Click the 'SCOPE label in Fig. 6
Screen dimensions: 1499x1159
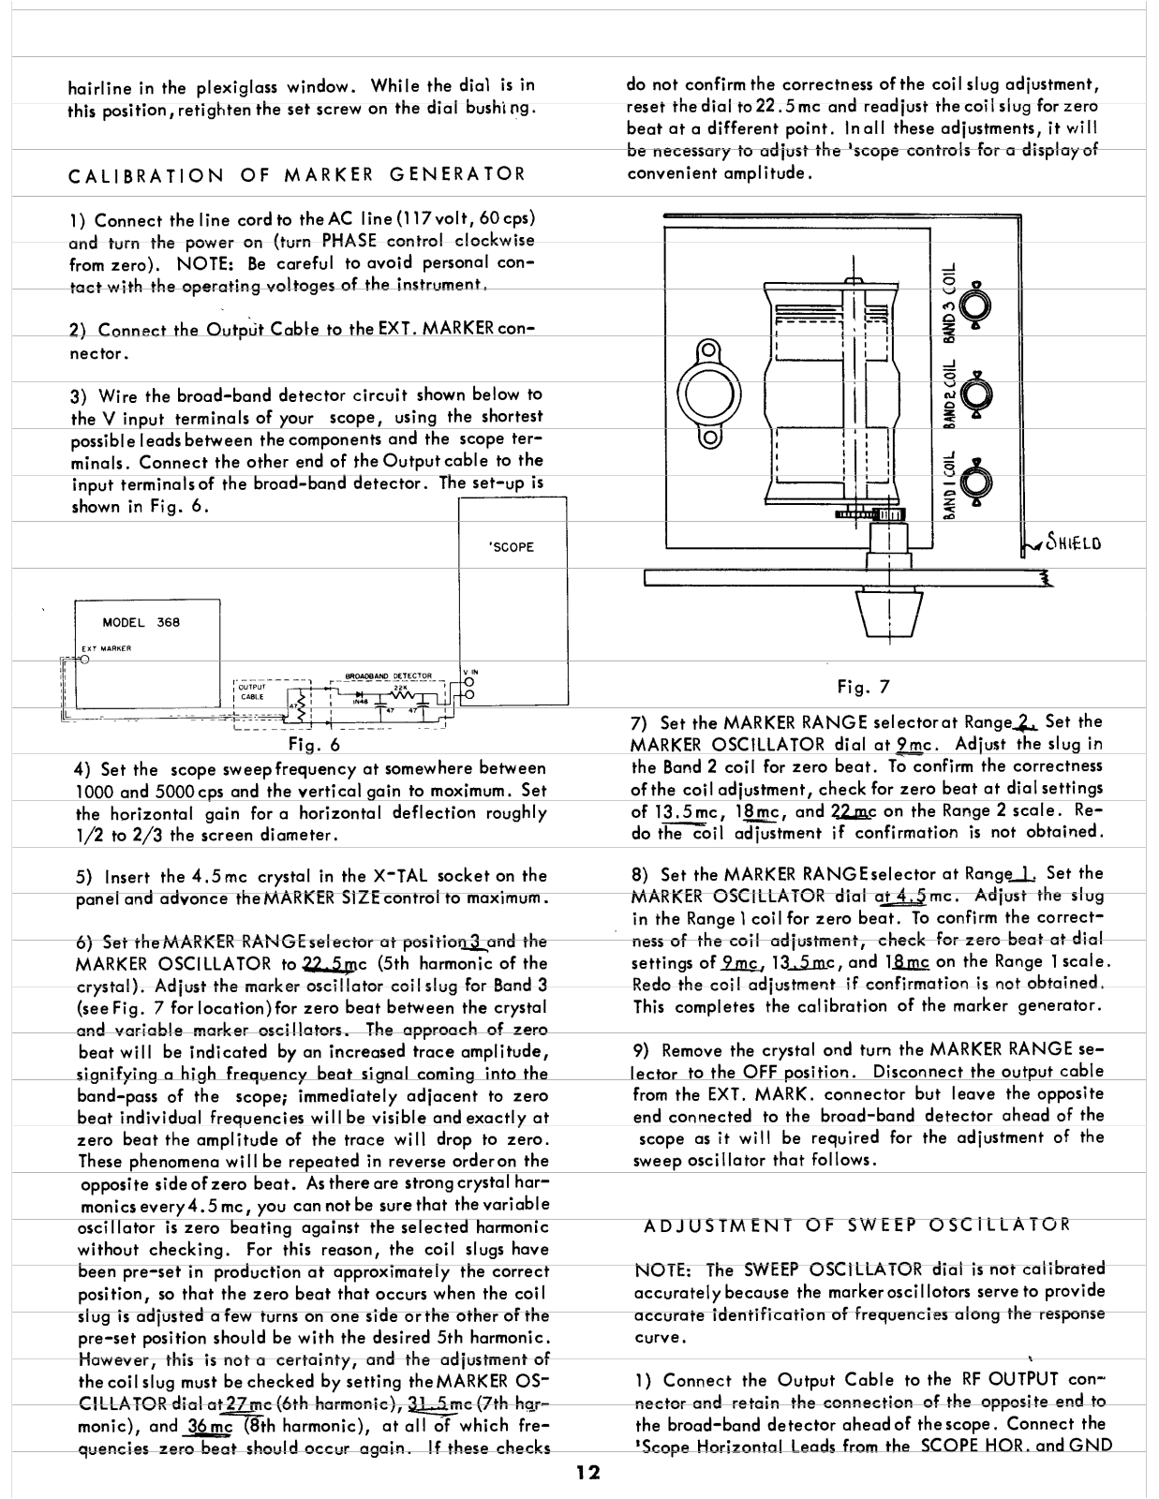[x=512, y=547]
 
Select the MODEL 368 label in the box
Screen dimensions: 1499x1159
[x=141, y=622]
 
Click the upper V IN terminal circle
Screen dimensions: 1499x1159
[x=469, y=681]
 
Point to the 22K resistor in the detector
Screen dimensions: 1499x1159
[x=398, y=692]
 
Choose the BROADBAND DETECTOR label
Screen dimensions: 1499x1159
[x=387, y=675]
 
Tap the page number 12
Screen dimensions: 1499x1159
[x=588, y=1472]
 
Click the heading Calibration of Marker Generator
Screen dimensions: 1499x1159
[x=297, y=173]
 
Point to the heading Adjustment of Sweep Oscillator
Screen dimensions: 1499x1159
[x=856, y=1224]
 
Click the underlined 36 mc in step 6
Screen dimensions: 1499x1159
[x=210, y=1428]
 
